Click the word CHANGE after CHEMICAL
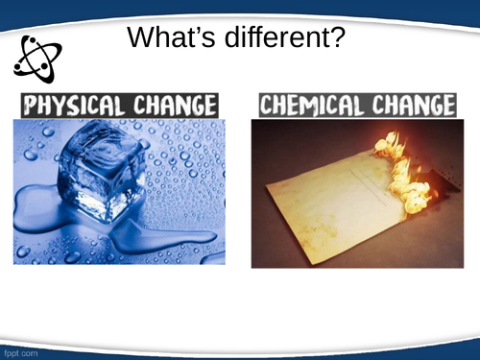[411, 104]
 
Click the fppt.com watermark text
[18, 352]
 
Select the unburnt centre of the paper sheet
[326, 202]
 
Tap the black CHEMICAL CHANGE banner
[354, 104]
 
